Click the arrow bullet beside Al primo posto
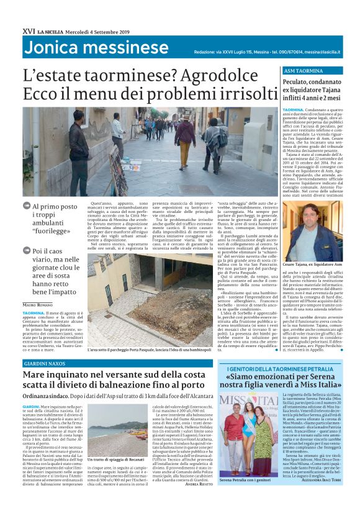pos(26,206)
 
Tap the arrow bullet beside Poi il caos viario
pos(26,250)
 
